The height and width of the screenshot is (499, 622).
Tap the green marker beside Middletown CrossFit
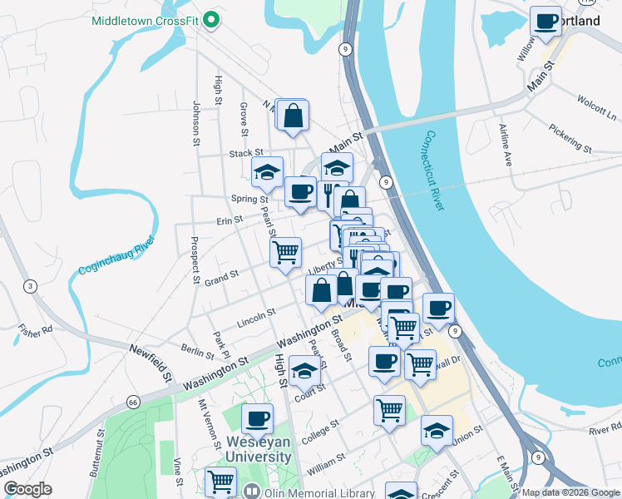(x=212, y=19)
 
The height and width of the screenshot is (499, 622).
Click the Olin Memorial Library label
(x=310, y=492)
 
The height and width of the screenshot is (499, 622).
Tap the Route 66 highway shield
(x=134, y=402)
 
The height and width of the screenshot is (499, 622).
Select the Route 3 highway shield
(x=31, y=287)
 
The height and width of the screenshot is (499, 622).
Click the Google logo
(x=27, y=489)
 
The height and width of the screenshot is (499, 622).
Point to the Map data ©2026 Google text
(x=570, y=492)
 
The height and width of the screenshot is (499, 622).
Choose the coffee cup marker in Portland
(x=545, y=21)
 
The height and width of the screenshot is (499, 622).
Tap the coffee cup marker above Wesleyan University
(x=257, y=418)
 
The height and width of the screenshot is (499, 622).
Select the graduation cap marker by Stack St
(x=268, y=172)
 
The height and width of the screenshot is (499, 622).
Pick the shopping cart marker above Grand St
(x=285, y=251)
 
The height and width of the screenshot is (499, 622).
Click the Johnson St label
(x=197, y=124)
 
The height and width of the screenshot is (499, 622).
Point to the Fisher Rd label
(x=35, y=329)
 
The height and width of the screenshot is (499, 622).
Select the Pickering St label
(x=570, y=138)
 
